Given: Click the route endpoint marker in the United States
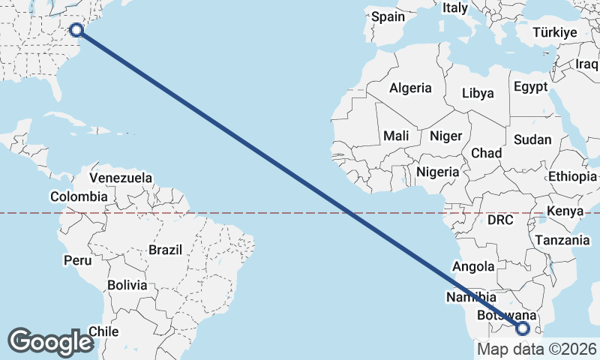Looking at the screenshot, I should (x=76, y=30).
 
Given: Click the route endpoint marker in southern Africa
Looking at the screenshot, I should (x=523, y=328).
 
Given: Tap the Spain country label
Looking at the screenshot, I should (x=388, y=16).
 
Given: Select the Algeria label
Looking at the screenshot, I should (x=410, y=88).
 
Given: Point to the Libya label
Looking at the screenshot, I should (x=478, y=94).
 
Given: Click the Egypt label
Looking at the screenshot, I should (x=531, y=87).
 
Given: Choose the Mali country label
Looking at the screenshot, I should (x=395, y=136).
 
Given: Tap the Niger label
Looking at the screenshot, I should (x=444, y=136).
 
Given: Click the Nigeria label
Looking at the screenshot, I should (x=437, y=172).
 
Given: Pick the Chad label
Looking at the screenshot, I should (x=486, y=153).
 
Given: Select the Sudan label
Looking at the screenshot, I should (x=532, y=139).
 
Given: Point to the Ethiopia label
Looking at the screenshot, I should (x=572, y=177).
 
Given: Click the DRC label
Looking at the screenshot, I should (x=499, y=220).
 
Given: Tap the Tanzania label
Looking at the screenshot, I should (x=562, y=240).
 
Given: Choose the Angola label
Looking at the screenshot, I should (x=474, y=266).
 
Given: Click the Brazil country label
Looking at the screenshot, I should (x=166, y=250).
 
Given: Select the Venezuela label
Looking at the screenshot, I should (x=121, y=178).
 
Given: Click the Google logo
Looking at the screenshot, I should (x=50, y=341).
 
